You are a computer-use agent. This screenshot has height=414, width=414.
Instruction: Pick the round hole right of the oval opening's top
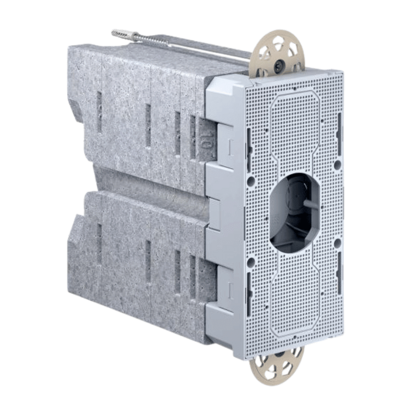337,165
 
